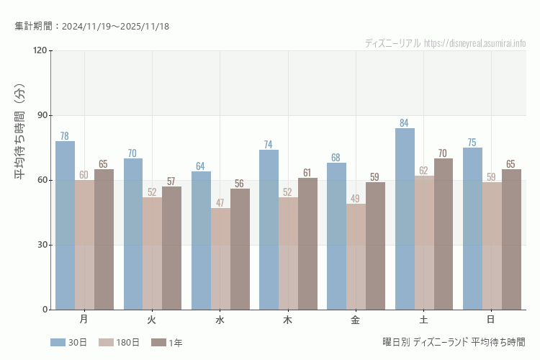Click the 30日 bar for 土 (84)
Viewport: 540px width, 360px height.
click(x=405, y=219)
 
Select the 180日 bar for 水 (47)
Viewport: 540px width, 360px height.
click(x=220, y=259)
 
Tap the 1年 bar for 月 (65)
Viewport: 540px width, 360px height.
click(x=104, y=239)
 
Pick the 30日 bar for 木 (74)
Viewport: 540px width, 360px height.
click(x=269, y=230)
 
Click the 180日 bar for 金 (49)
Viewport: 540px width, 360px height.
click(x=356, y=257)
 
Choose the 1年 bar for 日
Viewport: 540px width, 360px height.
click(x=511, y=239)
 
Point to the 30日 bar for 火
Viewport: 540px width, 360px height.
click(x=133, y=234)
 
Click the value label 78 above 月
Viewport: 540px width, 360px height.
click(x=65, y=136)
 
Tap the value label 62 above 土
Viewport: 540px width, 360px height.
click(x=423, y=171)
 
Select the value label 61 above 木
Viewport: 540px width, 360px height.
click(x=307, y=173)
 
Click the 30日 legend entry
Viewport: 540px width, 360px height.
click(x=68, y=343)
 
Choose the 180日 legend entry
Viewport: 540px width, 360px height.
click(x=119, y=343)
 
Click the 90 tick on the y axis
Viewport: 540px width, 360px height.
click(x=41, y=115)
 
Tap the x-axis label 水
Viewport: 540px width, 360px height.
click(x=220, y=319)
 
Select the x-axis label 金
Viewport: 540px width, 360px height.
click(x=356, y=319)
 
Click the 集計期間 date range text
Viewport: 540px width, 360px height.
click(x=91, y=27)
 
